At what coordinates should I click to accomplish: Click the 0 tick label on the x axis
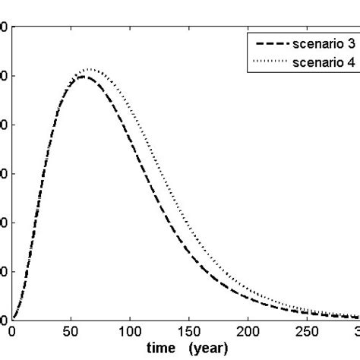tap(12, 332)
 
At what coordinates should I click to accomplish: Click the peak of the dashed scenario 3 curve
tap(82, 76)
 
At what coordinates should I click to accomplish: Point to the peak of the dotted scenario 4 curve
tap(90, 69)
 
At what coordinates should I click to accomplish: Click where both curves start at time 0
tap(13, 318)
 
